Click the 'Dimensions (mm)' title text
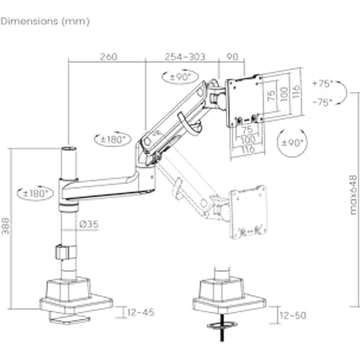click(45, 22)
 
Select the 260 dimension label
click(109, 57)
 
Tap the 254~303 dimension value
click(185, 57)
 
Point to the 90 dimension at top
click(233, 57)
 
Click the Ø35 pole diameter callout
click(88, 225)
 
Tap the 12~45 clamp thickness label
click(140, 312)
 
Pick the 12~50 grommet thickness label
click(292, 315)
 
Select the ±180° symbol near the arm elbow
click(112, 139)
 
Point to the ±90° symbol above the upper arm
click(180, 76)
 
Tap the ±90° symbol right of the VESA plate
click(293, 143)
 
